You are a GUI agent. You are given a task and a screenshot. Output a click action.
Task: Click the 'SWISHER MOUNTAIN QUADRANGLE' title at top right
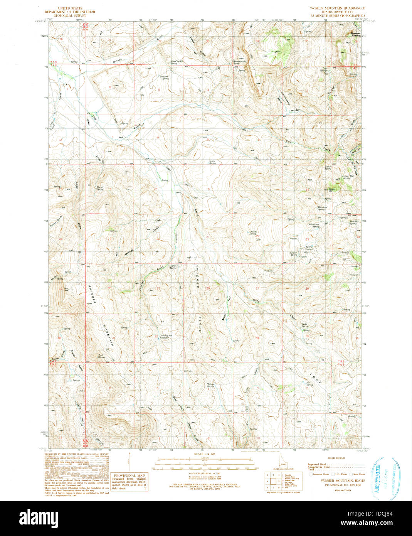click(x=337, y=8)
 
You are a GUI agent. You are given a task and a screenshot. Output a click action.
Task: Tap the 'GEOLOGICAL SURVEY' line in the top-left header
click(x=76, y=15)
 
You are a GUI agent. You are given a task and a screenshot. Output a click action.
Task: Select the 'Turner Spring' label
click(x=100, y=188)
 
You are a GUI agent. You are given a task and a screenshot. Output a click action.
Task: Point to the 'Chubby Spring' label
click(x=253, y=233)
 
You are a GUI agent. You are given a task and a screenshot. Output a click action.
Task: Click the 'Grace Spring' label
click(x=212, y=162)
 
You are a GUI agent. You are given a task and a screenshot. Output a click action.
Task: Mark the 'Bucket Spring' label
click(x=328, y=168)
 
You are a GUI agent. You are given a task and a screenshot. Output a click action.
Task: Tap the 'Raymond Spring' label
click(x=323, y=208)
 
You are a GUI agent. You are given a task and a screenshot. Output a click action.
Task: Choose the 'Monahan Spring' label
click(x=172, y=266)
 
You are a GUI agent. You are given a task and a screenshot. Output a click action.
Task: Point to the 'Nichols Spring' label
click(x=210, y=385)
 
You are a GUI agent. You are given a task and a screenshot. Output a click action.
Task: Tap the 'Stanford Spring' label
click(x=165, y=77)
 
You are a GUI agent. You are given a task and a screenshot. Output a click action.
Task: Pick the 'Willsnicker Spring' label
click(x=314, y=226)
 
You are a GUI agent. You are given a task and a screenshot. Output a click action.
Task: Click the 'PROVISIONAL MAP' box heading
click(x=129, y=475)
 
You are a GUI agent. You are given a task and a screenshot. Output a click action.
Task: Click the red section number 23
click(x=307, y=239)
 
